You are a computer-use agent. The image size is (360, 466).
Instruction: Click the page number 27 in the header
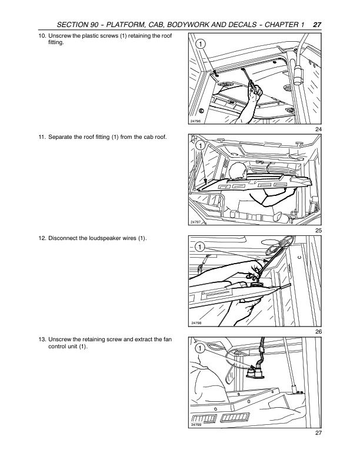pyautogui.click(x=317, y=25)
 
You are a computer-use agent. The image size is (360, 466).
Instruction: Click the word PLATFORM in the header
pyautogui.click(x=124, y=25)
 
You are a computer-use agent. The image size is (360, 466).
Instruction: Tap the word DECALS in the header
pyautogui.click(x=241, y=25)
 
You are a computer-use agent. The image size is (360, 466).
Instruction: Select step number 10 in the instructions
pyautogui.click(x=42, y=36)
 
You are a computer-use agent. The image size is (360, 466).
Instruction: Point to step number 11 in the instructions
pyautogui.click(x=42, y=137)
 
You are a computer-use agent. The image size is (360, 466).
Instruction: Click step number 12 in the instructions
pyautogui.click(x=42, y=238)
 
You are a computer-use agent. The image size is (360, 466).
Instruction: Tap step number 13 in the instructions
pyautogui.click(x=42, y=339)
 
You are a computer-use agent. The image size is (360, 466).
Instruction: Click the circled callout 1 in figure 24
pyautogui.click(x=201, y=44)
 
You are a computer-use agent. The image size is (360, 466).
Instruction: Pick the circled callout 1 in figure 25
pyautogui.click(x=201, y=146)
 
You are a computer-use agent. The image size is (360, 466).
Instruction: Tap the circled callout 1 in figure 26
pyautogui.click(x=200, y=247)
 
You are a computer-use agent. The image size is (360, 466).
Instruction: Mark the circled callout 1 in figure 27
pyautogui.click(x=201, y=348)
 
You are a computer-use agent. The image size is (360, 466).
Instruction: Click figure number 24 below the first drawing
pyautogui.click(x=318, y=129)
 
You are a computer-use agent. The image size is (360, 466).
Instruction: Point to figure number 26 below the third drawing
pyautogui.click(x=318, y=332)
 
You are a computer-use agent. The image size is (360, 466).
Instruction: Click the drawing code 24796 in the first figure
pyautogui.click(x=195, y=121)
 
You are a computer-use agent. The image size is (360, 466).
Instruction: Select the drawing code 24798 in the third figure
pyautogui.click(x=196, y=323)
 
